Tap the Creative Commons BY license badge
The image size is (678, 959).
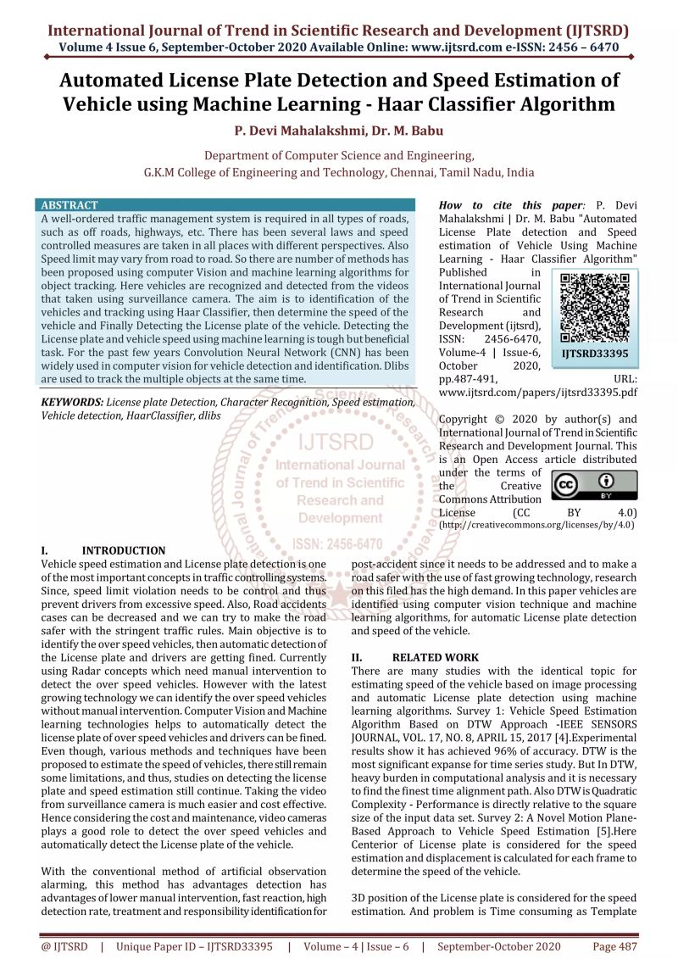click(594, 485)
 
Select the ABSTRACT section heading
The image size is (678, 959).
click(69, 205)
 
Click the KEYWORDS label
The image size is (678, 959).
click(72, 402)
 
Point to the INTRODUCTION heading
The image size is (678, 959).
click(124, 550)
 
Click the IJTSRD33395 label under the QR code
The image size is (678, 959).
click(593, 353)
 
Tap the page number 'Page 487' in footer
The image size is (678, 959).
click(615, 945)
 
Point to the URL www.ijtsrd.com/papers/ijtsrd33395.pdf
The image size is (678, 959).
click(537, 392)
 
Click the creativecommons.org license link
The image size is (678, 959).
click(536, 526)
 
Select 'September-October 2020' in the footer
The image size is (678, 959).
click(504, 945)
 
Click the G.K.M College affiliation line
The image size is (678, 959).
click(339, 172)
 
